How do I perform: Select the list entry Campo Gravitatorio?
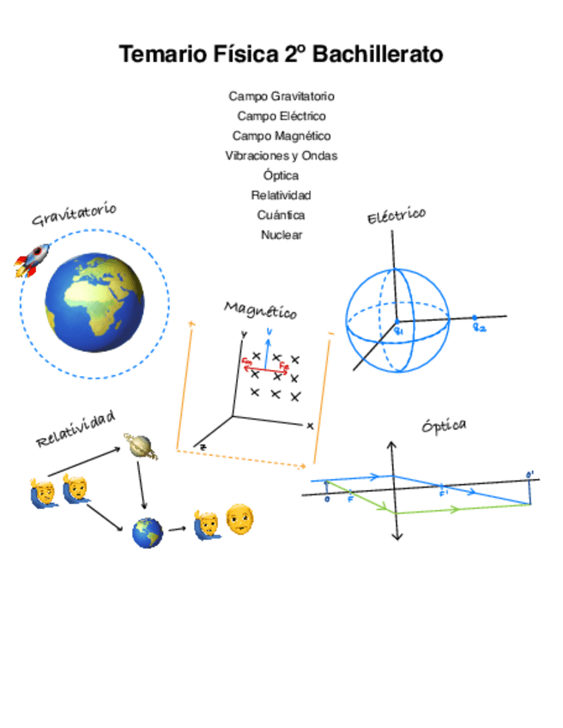pos(281,96)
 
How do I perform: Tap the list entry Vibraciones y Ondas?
pos(281,155)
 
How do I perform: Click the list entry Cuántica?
pos(281,215)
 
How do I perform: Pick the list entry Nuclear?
pos(281,234)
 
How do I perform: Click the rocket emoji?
pos(32,259)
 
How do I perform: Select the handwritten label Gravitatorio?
pos(74,215)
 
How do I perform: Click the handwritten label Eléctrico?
pos(396,215)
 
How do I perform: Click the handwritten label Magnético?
pos(260,310)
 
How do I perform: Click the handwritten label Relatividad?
pos(75,428)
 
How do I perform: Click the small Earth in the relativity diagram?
pos(148,533)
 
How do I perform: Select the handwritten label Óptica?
pos(444,426)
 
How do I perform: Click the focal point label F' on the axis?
pos(444,494)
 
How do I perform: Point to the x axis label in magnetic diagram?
pos(309,426)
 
